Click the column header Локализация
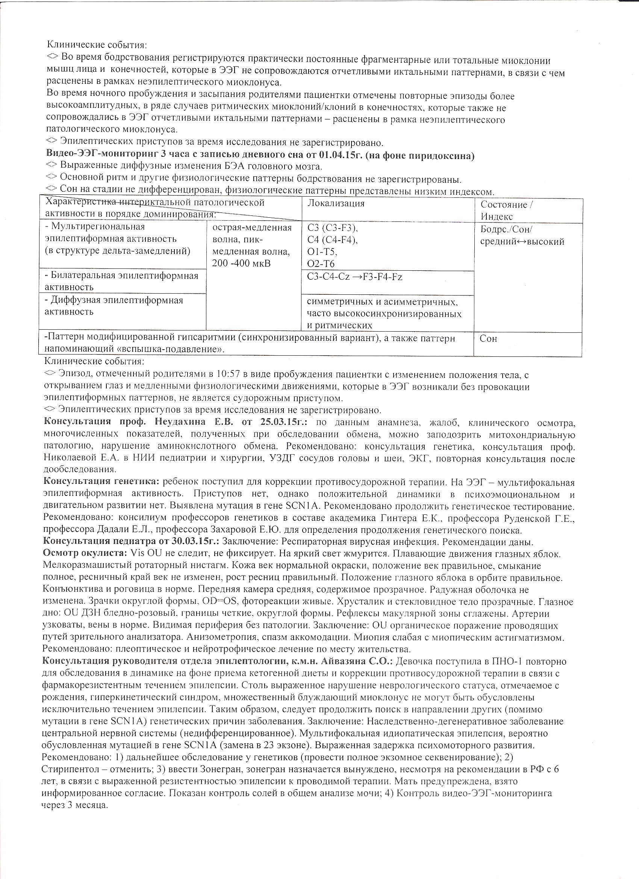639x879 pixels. (336, 204)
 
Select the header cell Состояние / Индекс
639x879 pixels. (506, 211)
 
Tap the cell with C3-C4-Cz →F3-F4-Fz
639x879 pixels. (354, 277)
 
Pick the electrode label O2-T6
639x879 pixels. (321, 264)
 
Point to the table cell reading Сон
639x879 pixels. (488, 339)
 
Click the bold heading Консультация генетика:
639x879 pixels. (102, 482)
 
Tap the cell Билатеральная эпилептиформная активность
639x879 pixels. (123, 281)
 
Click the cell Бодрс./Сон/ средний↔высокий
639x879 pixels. (522, 236)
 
